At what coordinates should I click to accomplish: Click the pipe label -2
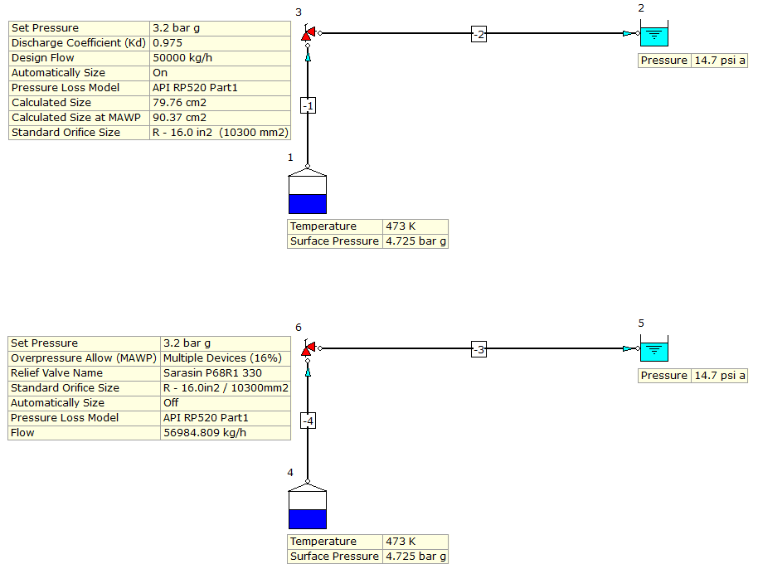point(479,34)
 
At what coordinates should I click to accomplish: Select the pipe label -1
point(308,105)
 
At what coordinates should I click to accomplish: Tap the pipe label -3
point(479,349)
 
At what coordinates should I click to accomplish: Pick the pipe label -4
point(308,421)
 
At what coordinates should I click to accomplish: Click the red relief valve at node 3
point(308,34)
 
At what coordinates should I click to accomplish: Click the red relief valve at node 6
point(308,349)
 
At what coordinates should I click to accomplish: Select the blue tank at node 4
point(307,509)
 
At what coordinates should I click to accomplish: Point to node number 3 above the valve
point(299,12)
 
